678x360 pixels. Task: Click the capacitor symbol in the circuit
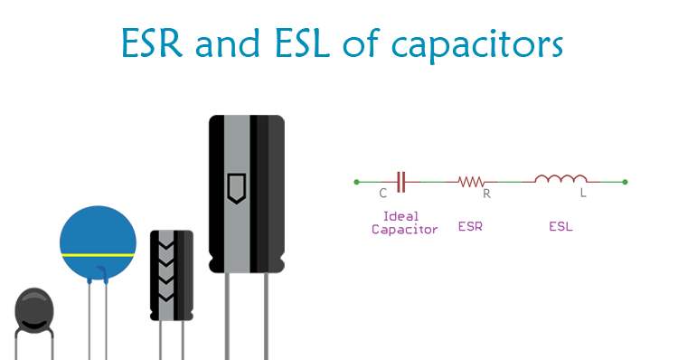402,182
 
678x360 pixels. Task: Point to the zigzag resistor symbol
471,182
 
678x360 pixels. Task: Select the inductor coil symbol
560,179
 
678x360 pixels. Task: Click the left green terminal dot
357,182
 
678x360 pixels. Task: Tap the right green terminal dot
626,182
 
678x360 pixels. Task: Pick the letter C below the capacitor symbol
383,194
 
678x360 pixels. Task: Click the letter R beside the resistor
487,194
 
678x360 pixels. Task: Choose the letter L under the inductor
583,194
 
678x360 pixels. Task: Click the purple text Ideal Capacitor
404,223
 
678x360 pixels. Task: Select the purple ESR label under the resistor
470,226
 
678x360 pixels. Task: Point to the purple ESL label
560,226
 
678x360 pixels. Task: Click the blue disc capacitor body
98,231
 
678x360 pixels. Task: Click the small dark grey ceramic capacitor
34,310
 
